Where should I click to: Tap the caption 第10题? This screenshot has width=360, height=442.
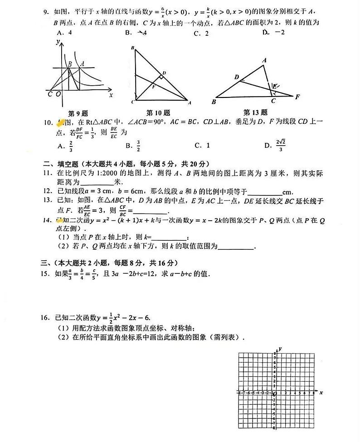pyautogui.click(x=155, y=112)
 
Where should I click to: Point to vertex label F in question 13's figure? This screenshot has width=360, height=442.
pyautogui.click(x=297, y=97)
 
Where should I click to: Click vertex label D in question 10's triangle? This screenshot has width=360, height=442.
pyautogui.click(x=164, y=73)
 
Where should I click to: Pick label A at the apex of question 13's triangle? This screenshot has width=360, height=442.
pyautogui.click(x=264, y=60)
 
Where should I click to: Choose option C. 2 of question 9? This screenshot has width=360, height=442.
pyautogui.click(x=201, y=33)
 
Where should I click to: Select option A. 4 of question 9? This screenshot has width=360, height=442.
pyautogui.click(x=65, y=33)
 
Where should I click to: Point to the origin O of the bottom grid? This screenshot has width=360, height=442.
pyautogui.click(x=275, y=395)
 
